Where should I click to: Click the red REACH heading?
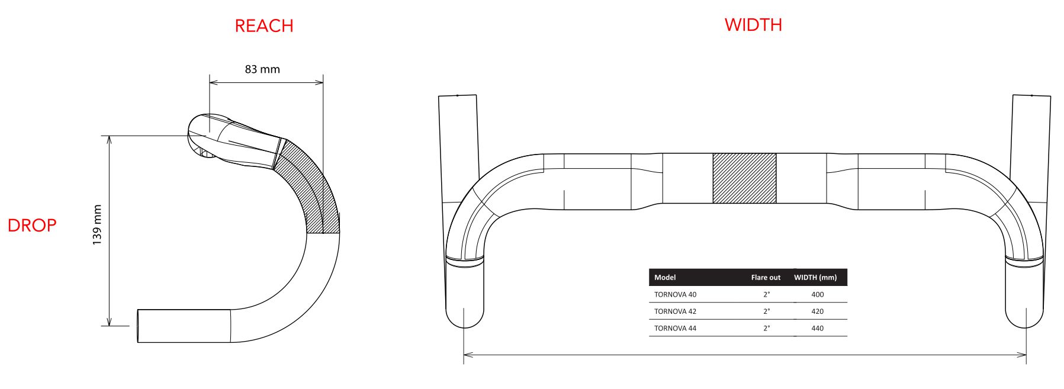tap(264, 26)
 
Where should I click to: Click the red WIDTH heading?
tap(753, 25)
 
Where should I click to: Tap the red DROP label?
tap(32, 225)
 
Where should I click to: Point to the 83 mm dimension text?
tap(262, 69)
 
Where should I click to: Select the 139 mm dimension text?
tap(98, 225)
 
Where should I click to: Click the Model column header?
tap(665, 277)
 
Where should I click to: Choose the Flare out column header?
tap(766, 277)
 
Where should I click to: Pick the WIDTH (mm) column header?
tap(815, 277)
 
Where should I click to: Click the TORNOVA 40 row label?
tap(675, 294)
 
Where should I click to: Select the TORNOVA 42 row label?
tap(675, 311)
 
